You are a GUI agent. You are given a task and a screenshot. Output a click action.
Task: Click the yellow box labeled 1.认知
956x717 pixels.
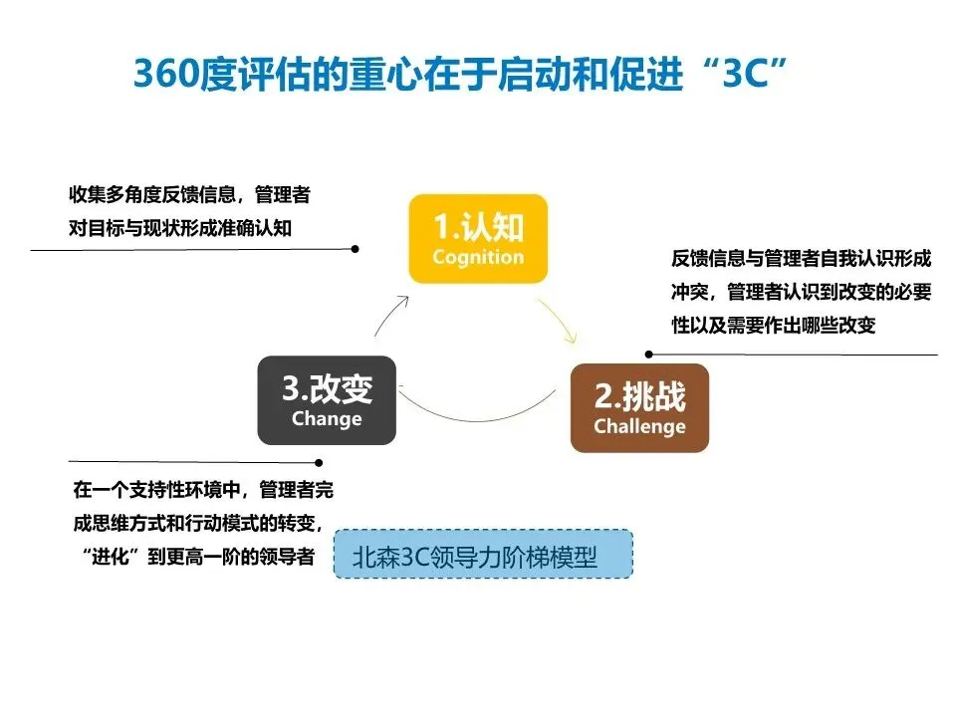478,239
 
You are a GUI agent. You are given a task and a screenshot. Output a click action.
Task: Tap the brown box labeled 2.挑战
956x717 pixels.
639,408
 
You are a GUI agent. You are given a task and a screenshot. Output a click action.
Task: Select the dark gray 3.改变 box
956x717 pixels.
327,400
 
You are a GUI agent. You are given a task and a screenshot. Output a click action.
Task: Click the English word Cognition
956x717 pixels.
478,257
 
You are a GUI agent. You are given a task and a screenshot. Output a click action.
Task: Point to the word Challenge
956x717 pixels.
639,426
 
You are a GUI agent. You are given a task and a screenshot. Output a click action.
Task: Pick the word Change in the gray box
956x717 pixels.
327,418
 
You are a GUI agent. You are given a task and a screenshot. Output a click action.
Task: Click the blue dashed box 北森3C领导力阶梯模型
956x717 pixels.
483,555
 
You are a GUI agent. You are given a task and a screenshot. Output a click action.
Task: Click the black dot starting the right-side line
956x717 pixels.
648,354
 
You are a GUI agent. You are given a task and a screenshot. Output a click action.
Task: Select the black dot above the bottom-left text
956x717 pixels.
319,461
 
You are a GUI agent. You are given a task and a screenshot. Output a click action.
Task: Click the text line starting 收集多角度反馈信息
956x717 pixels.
189,193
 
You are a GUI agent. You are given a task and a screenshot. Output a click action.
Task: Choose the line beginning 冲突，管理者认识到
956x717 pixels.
802,293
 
